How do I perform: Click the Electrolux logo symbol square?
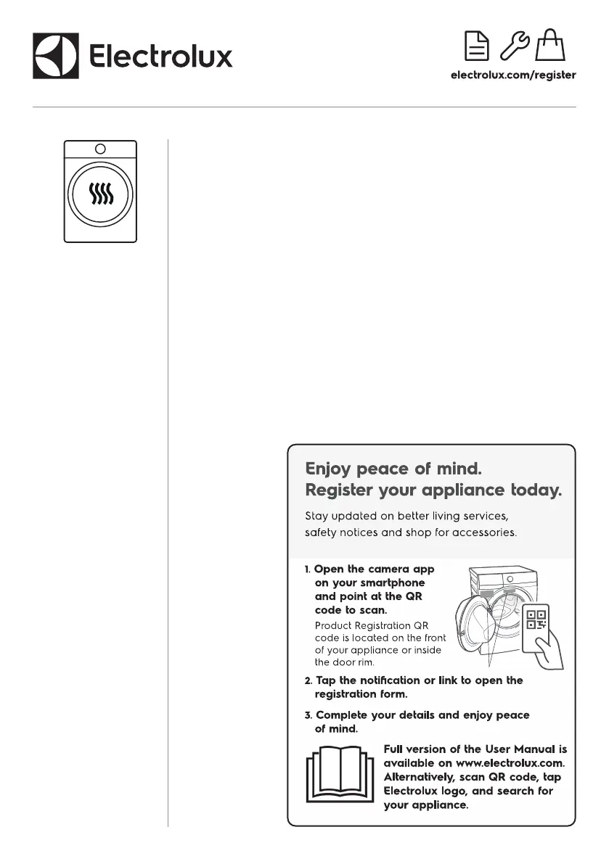(x=56, y=56)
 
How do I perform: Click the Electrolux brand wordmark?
(x=160, y=56)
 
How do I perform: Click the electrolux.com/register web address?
(x=513, y=75)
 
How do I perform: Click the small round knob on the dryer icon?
(x=100, y=149)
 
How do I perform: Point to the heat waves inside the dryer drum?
(x=100, y=194)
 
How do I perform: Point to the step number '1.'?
(x=308, y=569)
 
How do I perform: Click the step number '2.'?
(x=308, y=680)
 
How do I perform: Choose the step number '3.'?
(x=308, y=715)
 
